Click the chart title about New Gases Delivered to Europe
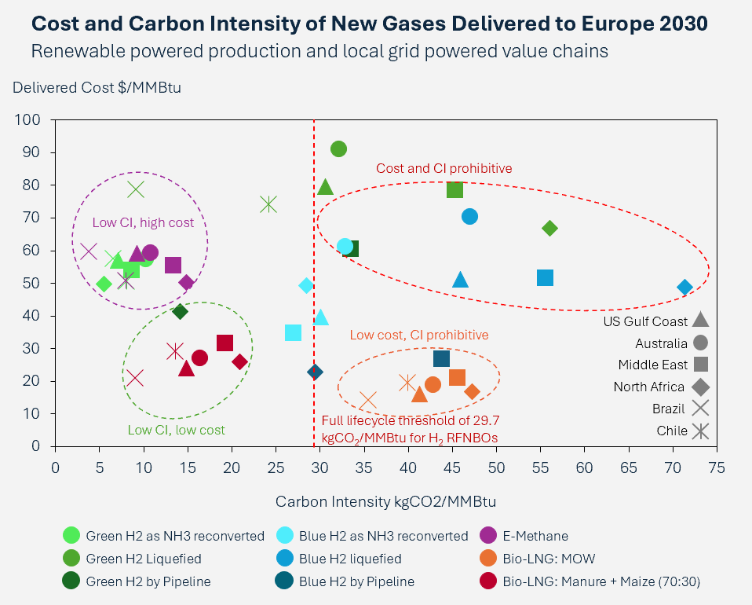[x=370, y=24]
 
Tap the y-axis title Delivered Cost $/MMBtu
[x=97, y=87]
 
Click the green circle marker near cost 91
[x=338, y=149]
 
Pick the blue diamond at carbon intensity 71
[x=684, y=288]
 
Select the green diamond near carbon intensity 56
[x=549, y=229]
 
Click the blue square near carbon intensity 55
[x=545, y=278]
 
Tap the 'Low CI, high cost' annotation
[x=143, y=223]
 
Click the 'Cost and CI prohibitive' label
[x=444, y=168]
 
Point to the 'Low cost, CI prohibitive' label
[x=419, y=335]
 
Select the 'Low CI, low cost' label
[x=176, y=430]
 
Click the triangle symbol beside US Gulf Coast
[x=701, y=321]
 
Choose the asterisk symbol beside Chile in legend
[x=701, y=431]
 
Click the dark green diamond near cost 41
[x=180, y=312]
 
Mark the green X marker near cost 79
[x=137, y=189]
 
